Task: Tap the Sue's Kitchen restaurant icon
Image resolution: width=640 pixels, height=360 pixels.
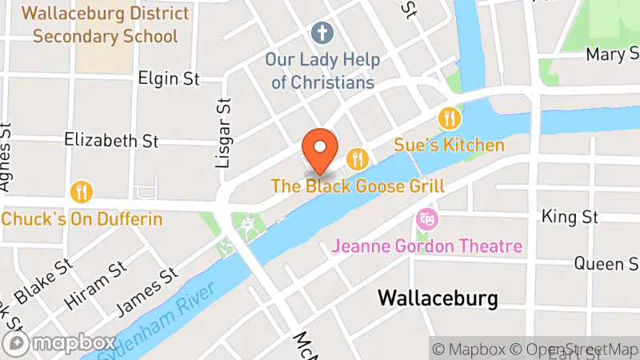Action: click(x=450, y=119)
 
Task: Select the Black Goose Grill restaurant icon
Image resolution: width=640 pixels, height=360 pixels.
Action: click(x=357, y=158)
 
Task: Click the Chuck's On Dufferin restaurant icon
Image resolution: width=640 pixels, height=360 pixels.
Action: click(x=82, y=192)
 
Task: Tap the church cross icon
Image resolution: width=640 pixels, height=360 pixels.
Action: click(x=323, y=33)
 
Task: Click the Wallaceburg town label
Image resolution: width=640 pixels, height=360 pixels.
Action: click(x=437, y=298)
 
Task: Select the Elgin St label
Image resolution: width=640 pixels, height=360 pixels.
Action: click(x=168, y=78)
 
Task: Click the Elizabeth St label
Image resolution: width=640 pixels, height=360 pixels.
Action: click(x=112, y=140)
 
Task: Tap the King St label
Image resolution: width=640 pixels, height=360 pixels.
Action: click(x=570, y=217)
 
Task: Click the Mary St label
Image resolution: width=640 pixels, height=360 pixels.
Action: click(x=612, y=54)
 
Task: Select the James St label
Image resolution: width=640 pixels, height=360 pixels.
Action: click(x=146, y=290)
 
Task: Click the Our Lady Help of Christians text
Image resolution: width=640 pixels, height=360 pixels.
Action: click(x=323, y=71)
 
